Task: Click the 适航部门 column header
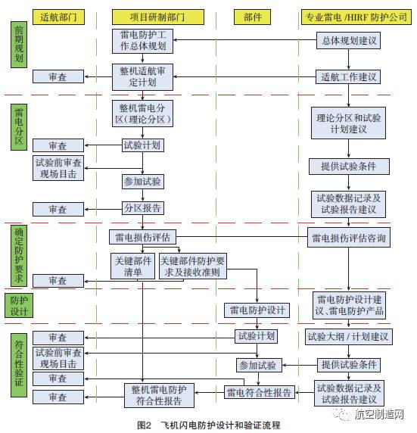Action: coord(58,16)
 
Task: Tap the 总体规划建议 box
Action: coord(347,39)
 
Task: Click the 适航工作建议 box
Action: coord(347,76)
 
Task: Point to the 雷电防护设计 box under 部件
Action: coord(256,310)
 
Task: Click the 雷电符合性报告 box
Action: coord(259,392)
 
